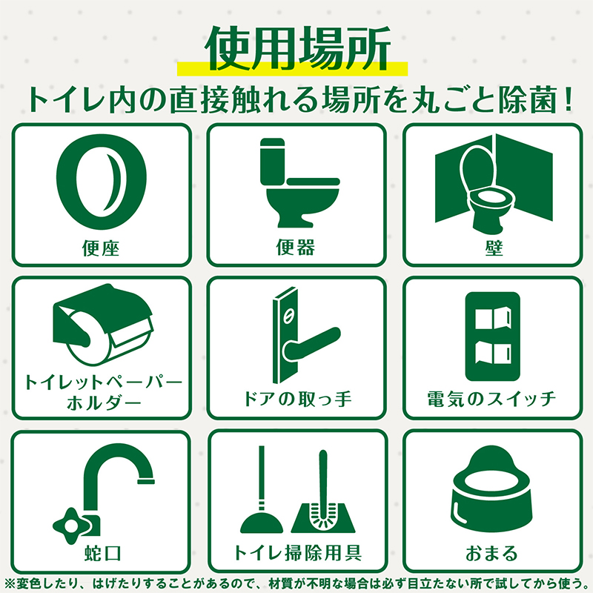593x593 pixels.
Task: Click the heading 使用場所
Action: [297, 48]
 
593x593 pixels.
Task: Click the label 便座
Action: [101, 248]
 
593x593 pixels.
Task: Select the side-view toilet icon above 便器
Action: [299, 182]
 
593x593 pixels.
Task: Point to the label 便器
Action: [295, 248]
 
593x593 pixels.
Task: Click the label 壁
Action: [494, 248]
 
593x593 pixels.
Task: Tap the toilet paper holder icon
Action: [102, 325]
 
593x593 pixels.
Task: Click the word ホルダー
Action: [103, 403]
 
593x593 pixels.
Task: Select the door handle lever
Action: [311, 343]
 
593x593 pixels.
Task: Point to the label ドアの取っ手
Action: [297, 399]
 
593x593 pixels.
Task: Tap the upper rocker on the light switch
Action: [493, 318]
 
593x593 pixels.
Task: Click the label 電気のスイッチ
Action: [491, 399]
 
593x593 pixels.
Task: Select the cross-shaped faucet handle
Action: [71, 526]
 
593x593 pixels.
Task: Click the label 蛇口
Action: [102, 554]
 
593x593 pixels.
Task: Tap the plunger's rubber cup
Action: [262, 523]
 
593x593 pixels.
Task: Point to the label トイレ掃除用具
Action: [298, 553]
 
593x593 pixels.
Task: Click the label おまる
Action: [491, 553]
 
